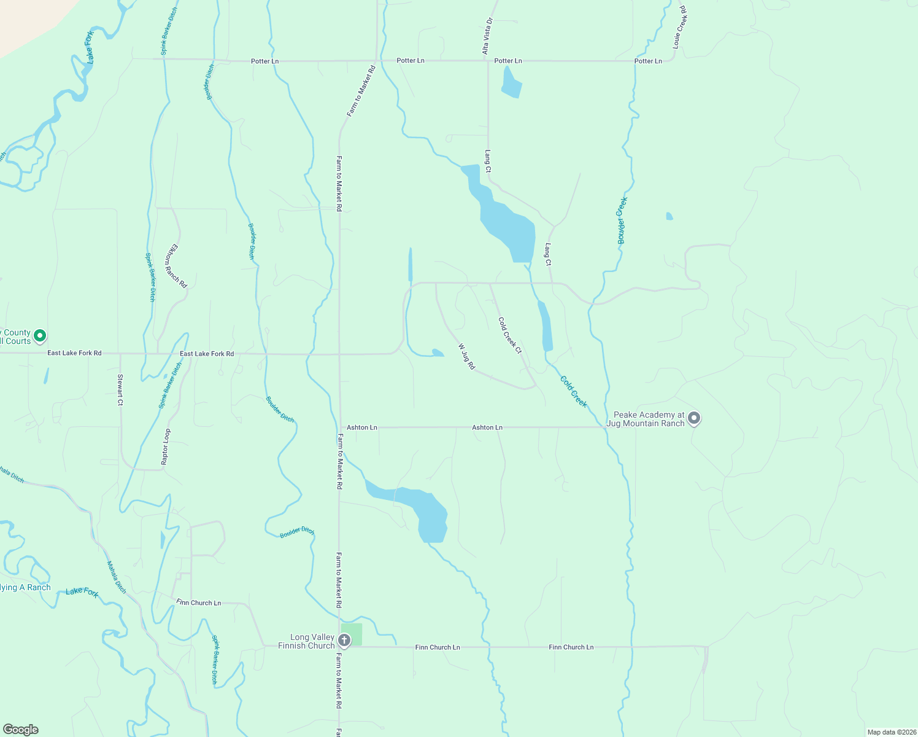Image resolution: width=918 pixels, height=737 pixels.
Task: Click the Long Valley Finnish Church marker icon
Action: pos(344,641)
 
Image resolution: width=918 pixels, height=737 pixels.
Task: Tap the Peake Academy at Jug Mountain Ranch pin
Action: pos(694,418)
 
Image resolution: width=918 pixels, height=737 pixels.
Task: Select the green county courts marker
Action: pos(40,336)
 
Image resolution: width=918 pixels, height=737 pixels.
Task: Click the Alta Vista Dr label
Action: pos(488,36)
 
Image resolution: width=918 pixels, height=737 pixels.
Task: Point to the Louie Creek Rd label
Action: pos(679,28)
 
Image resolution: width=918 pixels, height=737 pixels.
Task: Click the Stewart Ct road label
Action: pos(120,389)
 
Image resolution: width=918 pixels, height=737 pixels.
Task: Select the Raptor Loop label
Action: pos(165,446)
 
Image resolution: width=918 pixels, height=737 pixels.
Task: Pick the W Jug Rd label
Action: pos(466,356)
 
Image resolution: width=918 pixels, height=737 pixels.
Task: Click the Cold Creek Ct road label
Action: pos(510,335)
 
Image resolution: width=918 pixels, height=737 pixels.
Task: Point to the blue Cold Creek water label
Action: pos(574,391)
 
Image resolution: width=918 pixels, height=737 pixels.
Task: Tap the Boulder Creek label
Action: pos(622,220)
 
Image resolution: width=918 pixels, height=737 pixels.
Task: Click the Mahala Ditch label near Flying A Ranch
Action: pos(117,577)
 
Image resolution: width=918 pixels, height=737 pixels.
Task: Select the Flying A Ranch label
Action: pos(25,588)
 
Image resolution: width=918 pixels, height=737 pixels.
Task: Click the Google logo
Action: pos(20,730)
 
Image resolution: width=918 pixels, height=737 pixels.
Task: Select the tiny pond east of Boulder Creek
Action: pos(669,216)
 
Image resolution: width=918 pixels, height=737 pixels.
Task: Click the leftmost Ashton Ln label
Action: pos(362,427)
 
